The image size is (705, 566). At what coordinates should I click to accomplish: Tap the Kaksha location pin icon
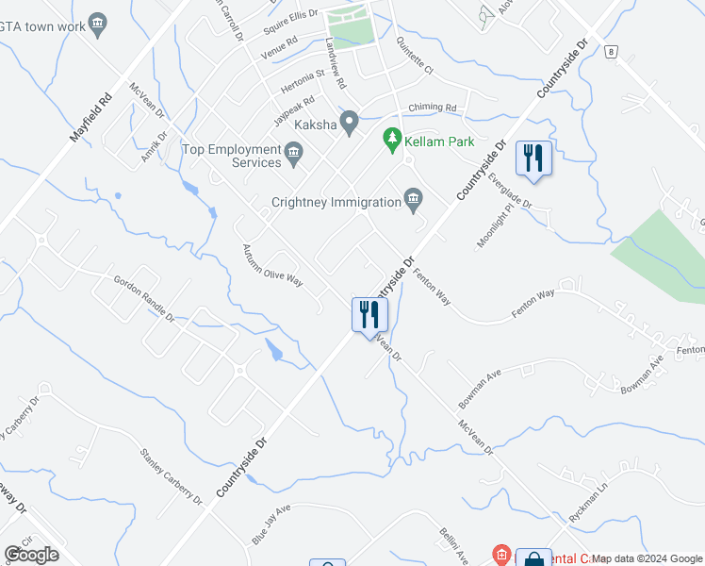click(350, 123)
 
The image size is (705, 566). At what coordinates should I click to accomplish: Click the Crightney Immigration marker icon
click(413, 197)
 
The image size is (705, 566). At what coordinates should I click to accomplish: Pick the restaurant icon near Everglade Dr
click(534, 159)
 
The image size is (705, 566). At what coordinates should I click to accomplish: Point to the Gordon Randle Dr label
click(143, 299)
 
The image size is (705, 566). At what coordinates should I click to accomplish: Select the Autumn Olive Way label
click(271, 267)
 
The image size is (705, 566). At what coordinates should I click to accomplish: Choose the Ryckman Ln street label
click(590, 508)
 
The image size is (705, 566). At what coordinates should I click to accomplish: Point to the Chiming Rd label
click(432, 108)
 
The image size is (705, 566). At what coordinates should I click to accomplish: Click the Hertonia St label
click(302, 73)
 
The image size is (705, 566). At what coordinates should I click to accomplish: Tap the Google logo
click(31, 555)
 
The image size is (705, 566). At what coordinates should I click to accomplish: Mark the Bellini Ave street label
click(453, 545)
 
